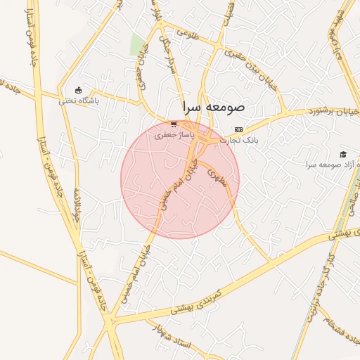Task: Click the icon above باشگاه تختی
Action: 79,90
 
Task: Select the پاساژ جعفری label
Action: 156,133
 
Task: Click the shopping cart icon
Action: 173,124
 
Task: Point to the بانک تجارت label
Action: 239,140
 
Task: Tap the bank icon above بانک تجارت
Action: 238,130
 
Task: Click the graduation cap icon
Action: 343,155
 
